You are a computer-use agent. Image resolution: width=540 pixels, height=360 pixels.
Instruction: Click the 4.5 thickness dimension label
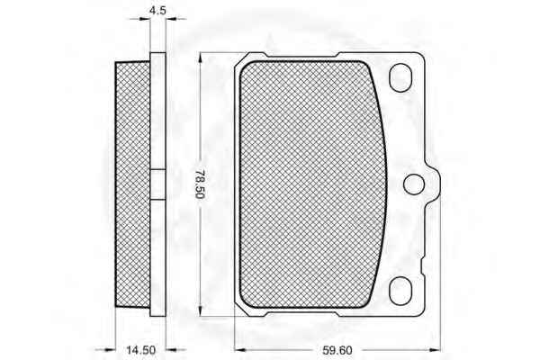pyautogui.click(x=157, y=10)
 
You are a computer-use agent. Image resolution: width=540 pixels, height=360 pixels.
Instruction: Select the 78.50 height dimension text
pyautogui.click(x=200, y=184)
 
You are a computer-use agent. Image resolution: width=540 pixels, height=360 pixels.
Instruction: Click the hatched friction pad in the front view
pyautogui.click(x=312, y=184)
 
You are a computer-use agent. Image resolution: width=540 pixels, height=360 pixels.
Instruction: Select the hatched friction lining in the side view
pyautogui.click(x=133, y=184)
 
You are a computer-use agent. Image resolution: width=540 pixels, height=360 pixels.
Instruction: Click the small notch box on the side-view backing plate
pyautogui.click(x=158, y=184)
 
